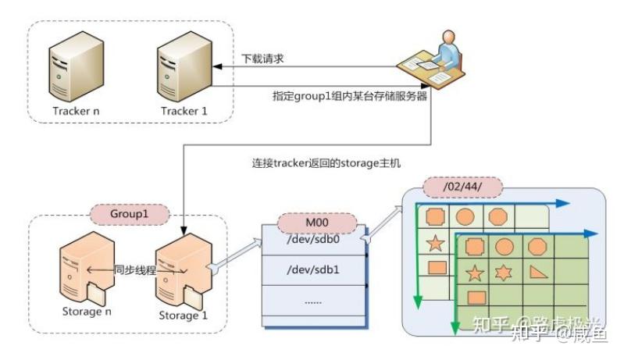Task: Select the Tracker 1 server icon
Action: point(183,66)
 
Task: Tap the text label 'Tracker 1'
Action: point(184,111)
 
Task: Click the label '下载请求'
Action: point(260,58)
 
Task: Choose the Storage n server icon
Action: point(84,270)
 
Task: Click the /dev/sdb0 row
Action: point(312,241)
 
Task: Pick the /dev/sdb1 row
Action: point(312,272)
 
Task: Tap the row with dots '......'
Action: point(312,301)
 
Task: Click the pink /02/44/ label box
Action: point(461,187)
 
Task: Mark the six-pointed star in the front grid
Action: point(505,273)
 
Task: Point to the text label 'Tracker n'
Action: point(76,111)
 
